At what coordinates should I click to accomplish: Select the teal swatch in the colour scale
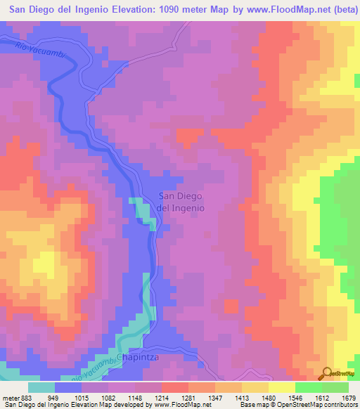pos(41,388)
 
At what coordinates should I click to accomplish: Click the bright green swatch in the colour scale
pos(308,388)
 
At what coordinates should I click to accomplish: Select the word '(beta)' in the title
pos(339,11)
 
